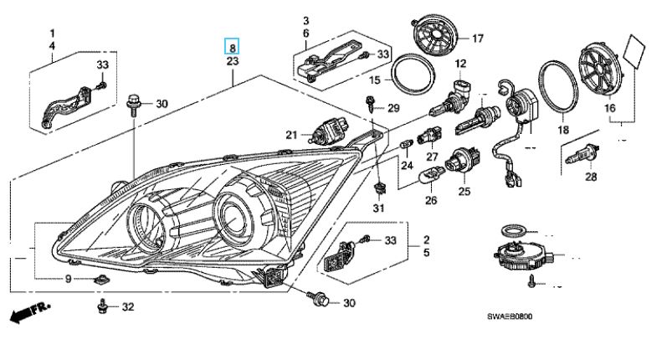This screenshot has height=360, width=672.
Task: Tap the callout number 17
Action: (478, 39)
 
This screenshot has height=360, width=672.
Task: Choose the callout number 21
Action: (290, 135)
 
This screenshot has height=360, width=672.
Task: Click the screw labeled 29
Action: (371, 105)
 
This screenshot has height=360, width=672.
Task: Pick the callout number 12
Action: (460, 64)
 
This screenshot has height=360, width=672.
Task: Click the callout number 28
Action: (592, 177)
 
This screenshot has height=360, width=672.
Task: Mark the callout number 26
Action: (432, 201)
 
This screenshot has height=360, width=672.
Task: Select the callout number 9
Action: (69, 278)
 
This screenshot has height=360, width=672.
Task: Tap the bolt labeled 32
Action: (103, 306)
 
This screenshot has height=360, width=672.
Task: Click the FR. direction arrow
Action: (26, 316)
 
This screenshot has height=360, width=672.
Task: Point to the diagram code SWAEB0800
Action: (510, 317)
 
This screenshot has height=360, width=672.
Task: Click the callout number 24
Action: (407, 165)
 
